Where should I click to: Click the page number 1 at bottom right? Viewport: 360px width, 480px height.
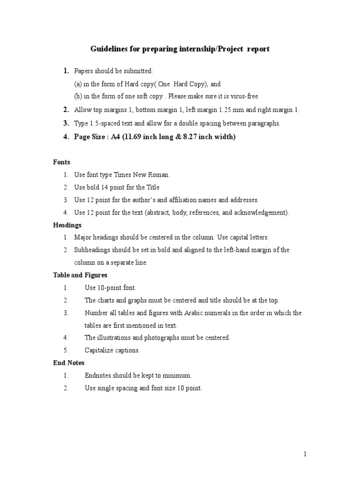pos(305,454)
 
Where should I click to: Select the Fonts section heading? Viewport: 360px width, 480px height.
pos(61,162)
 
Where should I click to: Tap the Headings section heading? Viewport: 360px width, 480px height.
pos(67,225)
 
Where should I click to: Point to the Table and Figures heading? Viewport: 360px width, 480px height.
pos(80,275)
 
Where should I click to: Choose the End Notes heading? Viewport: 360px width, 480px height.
pos(68,362)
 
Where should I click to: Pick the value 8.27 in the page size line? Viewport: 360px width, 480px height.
pos(189,137)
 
